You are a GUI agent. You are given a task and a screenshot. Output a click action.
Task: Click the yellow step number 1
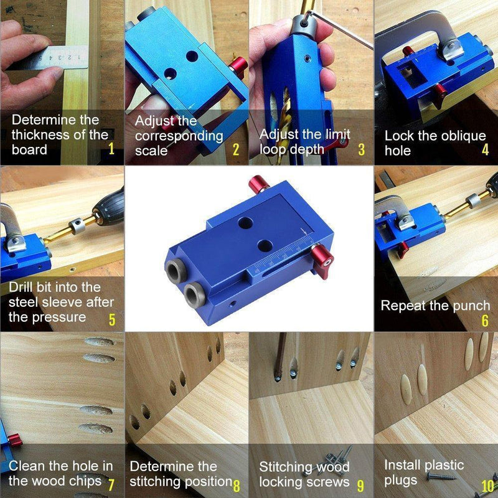pyautogui.click(x=111, y=149)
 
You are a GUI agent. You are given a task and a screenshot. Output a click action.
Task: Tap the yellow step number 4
pyautogui.click(x=485, y=149)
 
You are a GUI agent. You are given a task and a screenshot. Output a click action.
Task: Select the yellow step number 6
pyautogui.click(x=485, y=321)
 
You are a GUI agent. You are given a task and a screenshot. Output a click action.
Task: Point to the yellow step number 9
pyautogui.click(x=360, y=486)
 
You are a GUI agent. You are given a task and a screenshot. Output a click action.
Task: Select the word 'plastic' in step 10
pyautogui.click(x=444, y=466)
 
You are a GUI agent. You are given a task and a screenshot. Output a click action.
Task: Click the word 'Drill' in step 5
pyautogui.click(x=21, y=287)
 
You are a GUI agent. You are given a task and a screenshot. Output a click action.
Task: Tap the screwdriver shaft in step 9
pyautogui.click(x=280, y=355)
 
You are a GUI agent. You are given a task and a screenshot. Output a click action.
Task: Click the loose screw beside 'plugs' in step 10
pyautogui.click(x=441, y=476)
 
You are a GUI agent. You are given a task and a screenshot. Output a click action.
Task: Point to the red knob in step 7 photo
pyautogui.click(x=14, y=440)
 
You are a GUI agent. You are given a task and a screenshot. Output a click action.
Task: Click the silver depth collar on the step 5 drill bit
pyautogui.click(x=77, y=225)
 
